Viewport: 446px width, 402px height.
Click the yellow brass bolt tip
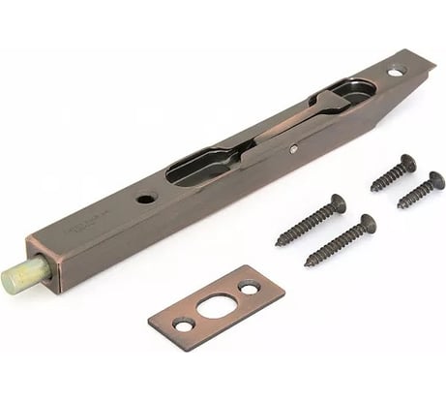click(x=21, y=277)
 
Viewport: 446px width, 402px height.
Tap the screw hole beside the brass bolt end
click(x=146, y=199)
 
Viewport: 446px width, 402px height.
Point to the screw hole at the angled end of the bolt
click(x=396, y=71)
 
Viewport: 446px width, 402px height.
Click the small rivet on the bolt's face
click(x=293, y=149)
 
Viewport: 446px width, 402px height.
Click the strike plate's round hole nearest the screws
click(x=249, y=288)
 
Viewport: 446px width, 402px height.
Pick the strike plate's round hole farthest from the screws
click(x=182, y=324)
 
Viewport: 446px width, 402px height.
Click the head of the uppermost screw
click(x=407, y=164)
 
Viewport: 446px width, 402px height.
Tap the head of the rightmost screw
click(x=435, y=180)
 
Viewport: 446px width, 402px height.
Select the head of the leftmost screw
click(x=336, y=203)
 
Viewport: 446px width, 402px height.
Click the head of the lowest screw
click(x=367, y=224)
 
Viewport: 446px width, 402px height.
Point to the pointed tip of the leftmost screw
click(x=278, y=243)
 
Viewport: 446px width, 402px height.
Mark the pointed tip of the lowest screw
click(x=307, y=264)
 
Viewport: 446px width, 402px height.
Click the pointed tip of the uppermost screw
click(x=372, y=189)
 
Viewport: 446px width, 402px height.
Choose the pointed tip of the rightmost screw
click(x=398, y=207)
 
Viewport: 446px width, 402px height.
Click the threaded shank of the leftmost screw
click(x=306, y=224)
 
